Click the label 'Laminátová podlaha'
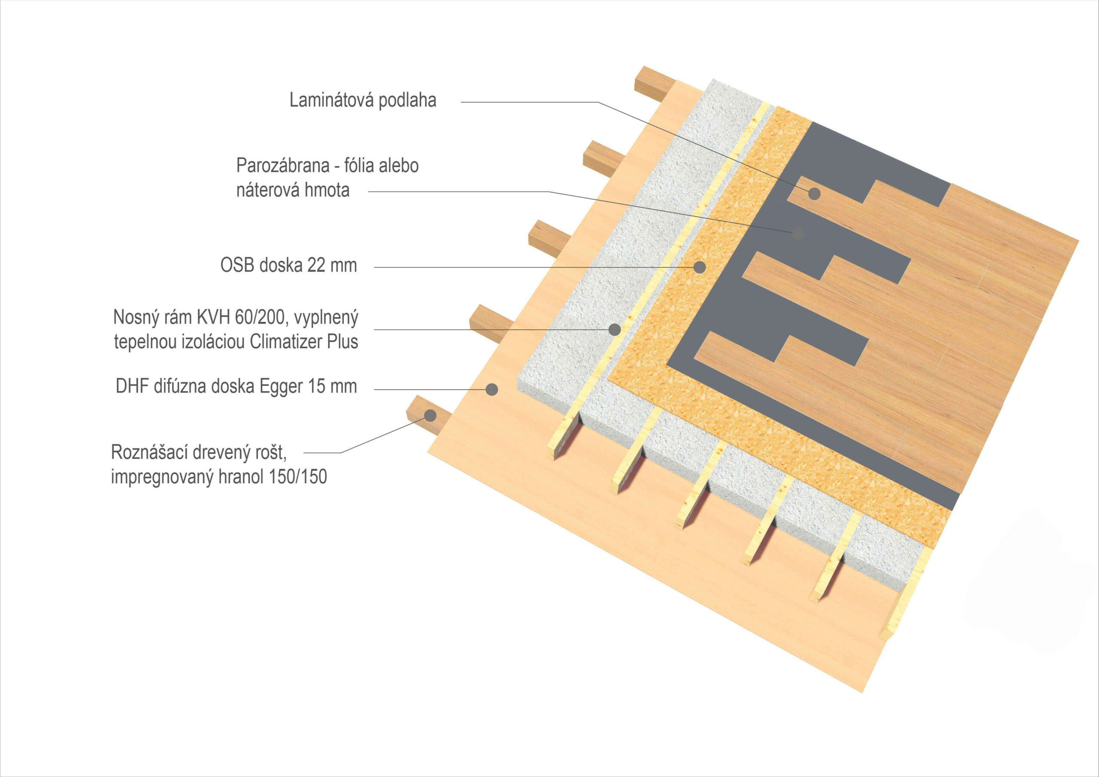coord(362,100)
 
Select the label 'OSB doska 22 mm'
coord(288,265)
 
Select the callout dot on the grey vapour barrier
coord(798,234)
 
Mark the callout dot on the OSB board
coord(700,267)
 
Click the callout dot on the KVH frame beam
coord(614,329)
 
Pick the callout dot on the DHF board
coord(492,390)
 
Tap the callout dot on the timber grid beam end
coord(430,416)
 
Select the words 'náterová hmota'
coord(292,191)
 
